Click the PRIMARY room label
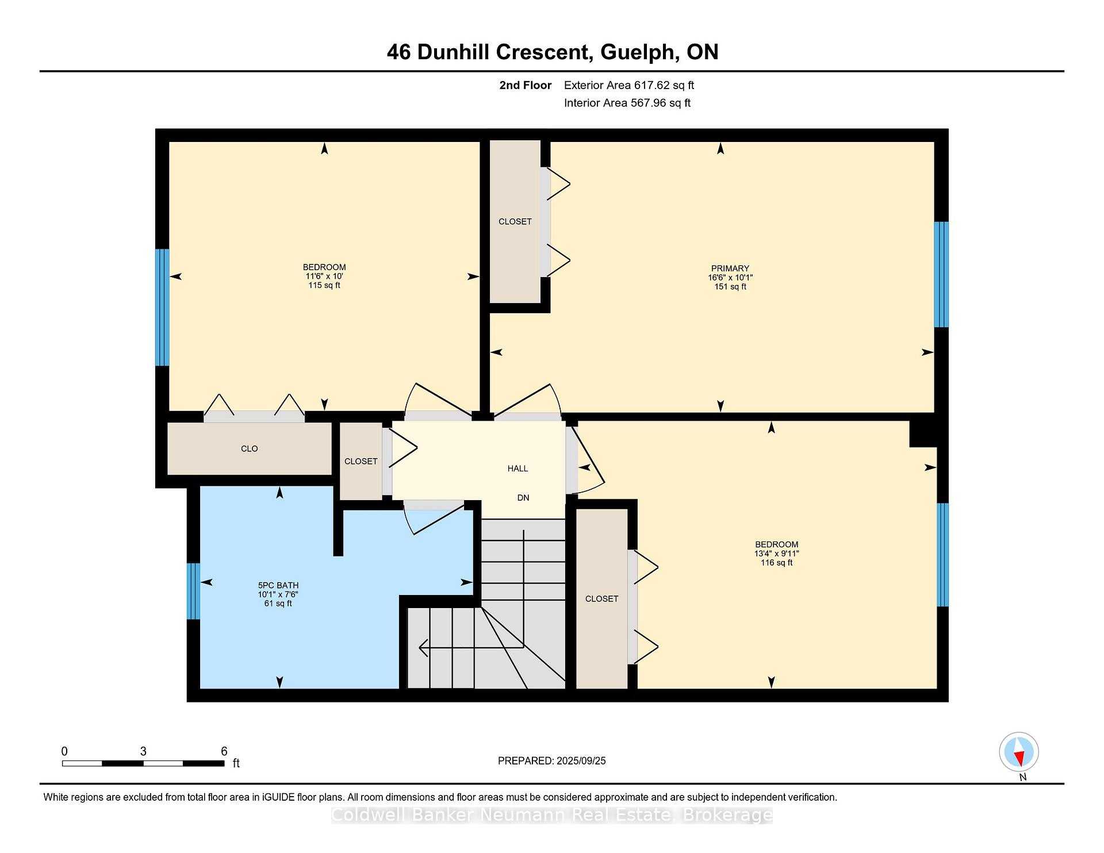730,268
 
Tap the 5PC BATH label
278,586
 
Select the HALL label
517,468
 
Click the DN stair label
523,498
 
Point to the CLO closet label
250,449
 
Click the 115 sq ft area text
324,286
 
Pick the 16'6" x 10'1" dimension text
730,278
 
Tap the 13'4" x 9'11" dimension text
777,554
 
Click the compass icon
1019,752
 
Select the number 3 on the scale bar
143,751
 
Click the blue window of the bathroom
194,591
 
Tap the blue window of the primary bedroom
941,275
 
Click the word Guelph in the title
637,52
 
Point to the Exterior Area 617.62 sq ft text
629,86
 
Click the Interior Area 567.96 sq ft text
627,103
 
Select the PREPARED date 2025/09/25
581,761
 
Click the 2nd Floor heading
526,86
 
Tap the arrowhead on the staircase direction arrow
423,648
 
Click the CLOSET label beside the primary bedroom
515,222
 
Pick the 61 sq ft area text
278,604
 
